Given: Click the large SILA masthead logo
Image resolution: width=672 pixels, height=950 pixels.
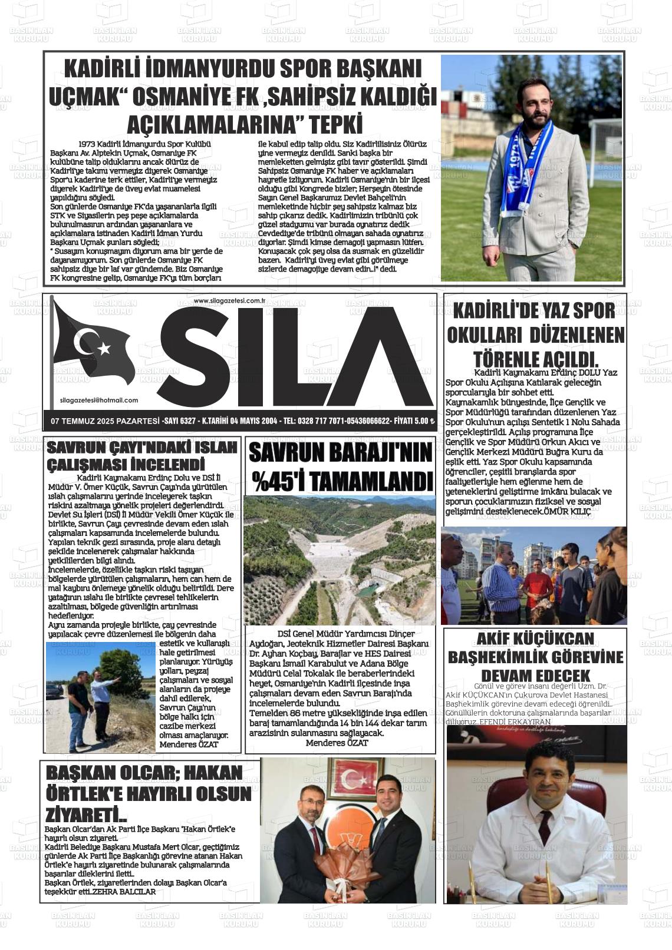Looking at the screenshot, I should pyautogui.click(x=295, y=356).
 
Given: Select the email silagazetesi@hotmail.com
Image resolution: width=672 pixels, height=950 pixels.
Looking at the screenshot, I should pyautogui.click(x=99, y=400).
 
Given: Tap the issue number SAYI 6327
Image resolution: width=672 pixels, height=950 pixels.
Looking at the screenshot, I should pyautogui.click(x=179, y=421).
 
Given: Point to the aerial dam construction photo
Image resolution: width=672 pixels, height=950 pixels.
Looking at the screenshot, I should pyautogui.click(x=340, y=560).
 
